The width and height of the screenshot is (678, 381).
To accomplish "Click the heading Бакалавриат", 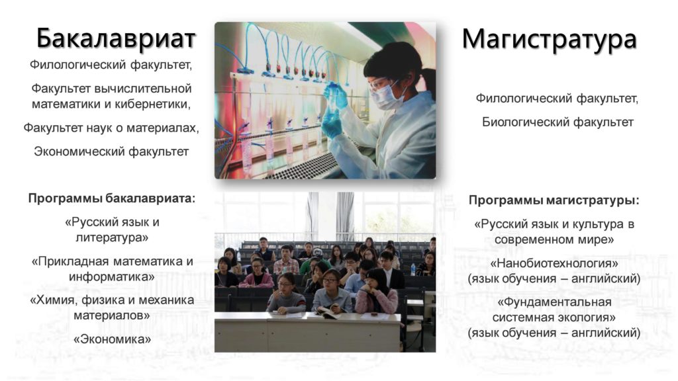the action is (116, 38).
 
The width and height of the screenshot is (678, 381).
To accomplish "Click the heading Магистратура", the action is (549, 39).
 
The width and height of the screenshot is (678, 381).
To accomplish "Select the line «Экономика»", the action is (112, 339).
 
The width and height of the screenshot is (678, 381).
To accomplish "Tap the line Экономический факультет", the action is (111, 151).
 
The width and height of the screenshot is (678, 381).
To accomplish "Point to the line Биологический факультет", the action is (557, 122).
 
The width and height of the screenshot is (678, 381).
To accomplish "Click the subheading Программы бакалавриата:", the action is (111, 198).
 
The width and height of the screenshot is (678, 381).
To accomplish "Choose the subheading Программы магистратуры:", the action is (554, 200).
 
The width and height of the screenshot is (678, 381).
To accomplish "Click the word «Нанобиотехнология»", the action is (554, 263).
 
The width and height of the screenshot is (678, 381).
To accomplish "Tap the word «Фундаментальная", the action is (554, 302).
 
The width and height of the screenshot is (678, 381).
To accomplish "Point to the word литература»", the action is (112, 237).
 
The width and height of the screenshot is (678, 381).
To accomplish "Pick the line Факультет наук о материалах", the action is (111, 128).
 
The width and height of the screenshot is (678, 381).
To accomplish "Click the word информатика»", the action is (111, 276).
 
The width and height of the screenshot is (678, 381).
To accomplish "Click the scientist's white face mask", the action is (386, 96).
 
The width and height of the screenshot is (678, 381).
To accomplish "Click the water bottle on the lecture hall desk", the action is (413, 269).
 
